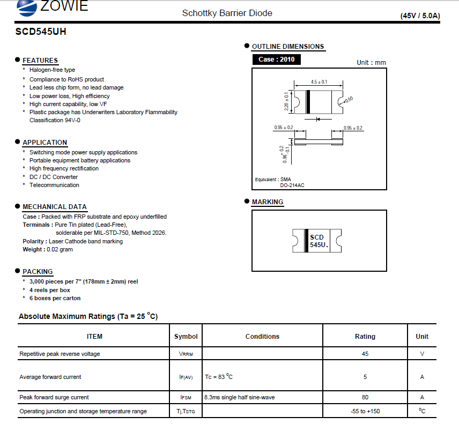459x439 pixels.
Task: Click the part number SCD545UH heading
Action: pos(41,32)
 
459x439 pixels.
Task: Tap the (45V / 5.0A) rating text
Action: pos(420,16)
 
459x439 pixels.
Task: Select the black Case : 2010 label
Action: pos(276,59)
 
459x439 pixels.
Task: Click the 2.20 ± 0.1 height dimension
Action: pos(286,101)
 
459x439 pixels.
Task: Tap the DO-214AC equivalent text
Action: pos(292,185)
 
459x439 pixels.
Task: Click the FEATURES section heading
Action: pos(40,61)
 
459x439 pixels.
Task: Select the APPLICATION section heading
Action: pos(45,143)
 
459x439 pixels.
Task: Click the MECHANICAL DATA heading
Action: pos(54,207)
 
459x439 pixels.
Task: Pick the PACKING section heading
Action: pos(38,272)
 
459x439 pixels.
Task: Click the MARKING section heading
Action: pos(268,202)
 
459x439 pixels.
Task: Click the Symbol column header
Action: pos(186,337)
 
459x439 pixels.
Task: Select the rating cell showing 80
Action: pos(365,397)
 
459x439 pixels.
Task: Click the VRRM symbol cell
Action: pos(186,354)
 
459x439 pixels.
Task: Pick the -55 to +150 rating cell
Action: pos(365,411)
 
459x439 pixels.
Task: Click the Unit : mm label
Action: pos(371,63)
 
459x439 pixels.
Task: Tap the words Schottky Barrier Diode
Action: pos(227,13)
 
